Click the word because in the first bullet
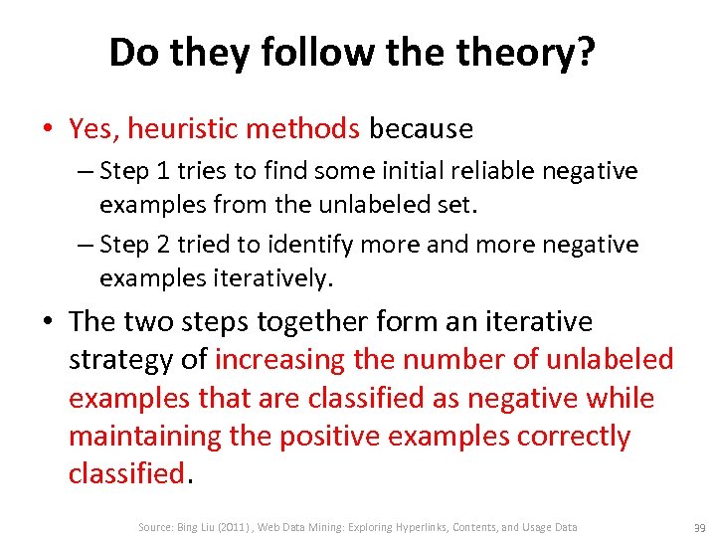(421, 128)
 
